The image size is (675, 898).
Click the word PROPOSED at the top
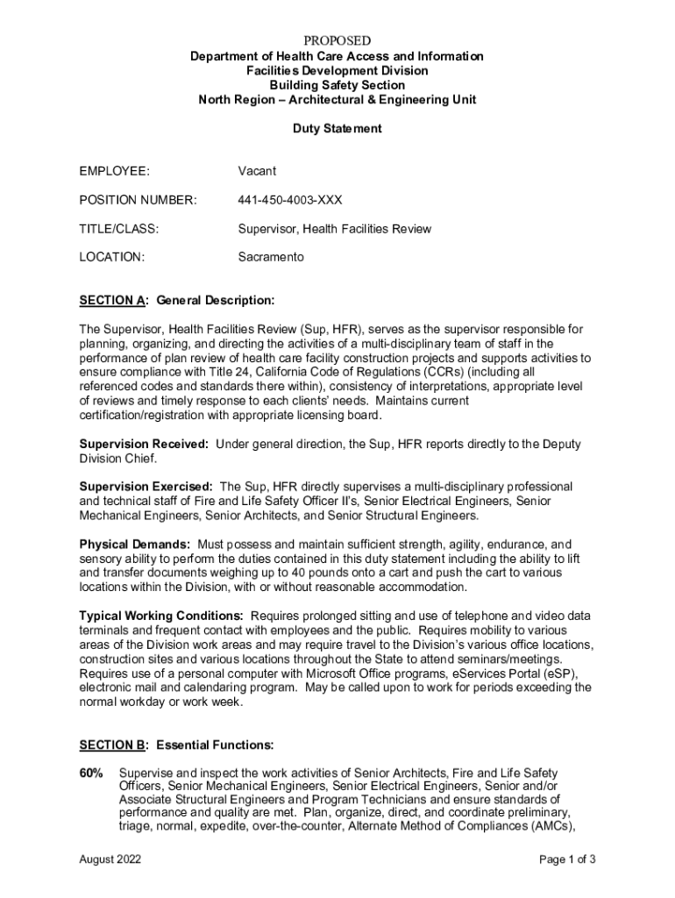tap(337, 41)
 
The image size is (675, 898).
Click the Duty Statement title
tap(337, 128)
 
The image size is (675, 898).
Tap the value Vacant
tap(257, 171)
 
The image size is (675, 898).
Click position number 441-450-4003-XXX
tap(290, 200)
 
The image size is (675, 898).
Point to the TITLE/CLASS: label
tap(119, 229)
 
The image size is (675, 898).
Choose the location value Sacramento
tap(271, 257)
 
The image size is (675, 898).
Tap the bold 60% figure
tap(91, 773)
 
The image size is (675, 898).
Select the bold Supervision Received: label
tap(144, 444)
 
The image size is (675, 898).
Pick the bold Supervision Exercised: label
tap(146, 486)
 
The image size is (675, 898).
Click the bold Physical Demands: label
tap(135, 544)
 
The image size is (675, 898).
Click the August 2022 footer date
tap(110, 859)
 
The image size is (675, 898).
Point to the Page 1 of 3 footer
tap(568, 859)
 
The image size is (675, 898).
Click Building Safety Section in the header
tap(337, 85)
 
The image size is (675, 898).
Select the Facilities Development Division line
tap(337, 70)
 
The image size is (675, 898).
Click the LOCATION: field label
tap(112, 257)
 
